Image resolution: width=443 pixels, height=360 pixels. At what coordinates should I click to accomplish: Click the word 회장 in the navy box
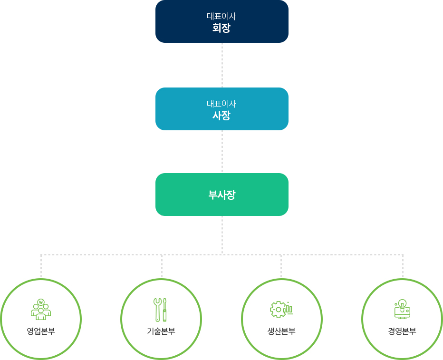click(221, 28)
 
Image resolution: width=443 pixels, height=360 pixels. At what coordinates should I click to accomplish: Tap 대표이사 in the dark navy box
click(221, 16)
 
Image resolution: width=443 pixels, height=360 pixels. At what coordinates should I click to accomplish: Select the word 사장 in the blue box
click(221, 115)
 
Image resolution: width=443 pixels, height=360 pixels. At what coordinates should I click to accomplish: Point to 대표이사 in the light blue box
click(221, 104)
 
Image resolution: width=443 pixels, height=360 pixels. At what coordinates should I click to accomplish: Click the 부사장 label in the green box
click(222, 195)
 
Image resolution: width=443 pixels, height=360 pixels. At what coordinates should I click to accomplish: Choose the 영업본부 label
click(41, 331)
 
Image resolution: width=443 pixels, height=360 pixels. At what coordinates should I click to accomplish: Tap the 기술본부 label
click(161, 331)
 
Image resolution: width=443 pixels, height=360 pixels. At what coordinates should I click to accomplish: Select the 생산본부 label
click(281, 331)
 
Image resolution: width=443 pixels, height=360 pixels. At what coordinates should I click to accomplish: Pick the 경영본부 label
click(402, 331)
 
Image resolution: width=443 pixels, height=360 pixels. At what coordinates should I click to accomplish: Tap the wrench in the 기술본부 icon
click(157, 310)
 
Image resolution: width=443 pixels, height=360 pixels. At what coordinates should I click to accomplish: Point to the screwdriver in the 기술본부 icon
click(165, 310)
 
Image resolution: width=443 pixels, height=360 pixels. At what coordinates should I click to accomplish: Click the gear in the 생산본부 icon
click(278, 310)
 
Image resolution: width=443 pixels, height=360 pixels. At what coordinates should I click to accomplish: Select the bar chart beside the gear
click(288, 309)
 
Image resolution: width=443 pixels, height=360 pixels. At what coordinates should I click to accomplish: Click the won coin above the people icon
click(41, 302)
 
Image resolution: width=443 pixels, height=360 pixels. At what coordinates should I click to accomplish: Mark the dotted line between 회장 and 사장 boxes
click(222, 65)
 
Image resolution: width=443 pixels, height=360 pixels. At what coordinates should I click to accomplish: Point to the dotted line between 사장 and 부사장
click(222, 152)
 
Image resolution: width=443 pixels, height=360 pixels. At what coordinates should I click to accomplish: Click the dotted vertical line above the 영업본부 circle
click(41, 266)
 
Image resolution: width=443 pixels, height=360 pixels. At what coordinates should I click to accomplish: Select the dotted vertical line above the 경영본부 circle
click(403, 266)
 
